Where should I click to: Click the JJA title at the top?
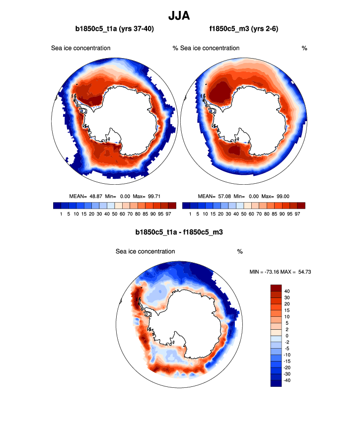(182, 15)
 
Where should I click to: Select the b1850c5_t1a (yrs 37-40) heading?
(114, 29)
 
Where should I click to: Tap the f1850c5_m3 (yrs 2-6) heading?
(244, 29)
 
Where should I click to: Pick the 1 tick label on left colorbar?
(61, 214)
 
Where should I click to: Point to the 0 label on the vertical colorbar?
(287, 336)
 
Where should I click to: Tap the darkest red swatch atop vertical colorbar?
(276, 288)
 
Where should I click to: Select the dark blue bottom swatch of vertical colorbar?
(276, 383)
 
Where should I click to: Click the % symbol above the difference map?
(240, 252)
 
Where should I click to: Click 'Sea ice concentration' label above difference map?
(145, 252)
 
